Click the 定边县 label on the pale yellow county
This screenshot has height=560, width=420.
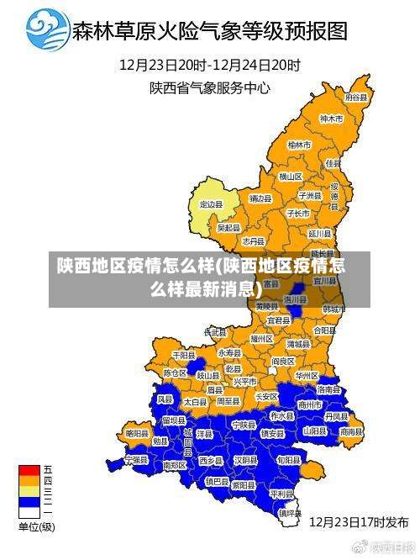[x=211, y=204]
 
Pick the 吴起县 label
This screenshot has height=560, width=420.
[x=228, y=227]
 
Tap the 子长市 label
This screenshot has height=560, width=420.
[x=298, y=214]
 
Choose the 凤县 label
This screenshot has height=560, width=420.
[x=165, y=399]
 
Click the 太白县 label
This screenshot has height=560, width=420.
[x=195, y=403]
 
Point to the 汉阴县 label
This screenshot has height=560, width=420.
[x=245, y=460]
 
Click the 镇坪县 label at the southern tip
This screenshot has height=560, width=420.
[x=290, y=511]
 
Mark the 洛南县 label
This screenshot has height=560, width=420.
[x=328, y=389]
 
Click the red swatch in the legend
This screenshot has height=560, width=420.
[x=29, y=469]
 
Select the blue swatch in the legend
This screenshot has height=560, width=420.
[x=29, y=501]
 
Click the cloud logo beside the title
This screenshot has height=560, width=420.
[x=48, y=31]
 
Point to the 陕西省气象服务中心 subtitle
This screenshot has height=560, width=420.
[x=209, y=87]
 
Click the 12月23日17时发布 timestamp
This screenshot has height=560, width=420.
[x=359, y=521]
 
